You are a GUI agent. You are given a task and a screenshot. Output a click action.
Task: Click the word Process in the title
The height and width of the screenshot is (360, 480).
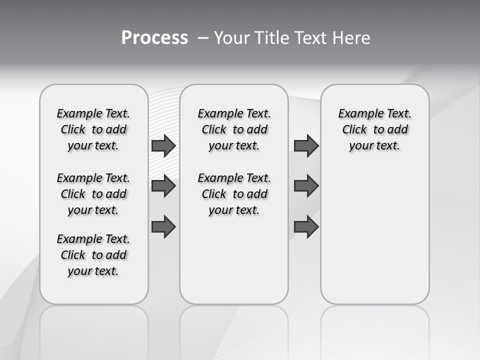154,38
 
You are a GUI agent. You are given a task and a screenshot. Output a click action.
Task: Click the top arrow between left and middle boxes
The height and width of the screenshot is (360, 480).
163,146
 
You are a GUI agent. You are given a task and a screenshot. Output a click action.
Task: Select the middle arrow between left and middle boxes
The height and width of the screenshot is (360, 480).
163,186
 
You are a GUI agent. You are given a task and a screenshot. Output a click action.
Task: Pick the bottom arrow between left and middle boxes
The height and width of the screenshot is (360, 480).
163,226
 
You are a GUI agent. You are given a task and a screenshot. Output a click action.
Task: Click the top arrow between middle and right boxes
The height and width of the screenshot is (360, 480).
306,146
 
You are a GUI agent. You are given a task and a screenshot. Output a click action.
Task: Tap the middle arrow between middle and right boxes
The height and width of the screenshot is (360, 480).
306,186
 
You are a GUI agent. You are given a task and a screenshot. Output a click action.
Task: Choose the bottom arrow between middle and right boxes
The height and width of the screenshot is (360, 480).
306,226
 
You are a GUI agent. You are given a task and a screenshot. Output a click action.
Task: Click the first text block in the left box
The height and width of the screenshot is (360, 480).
93,129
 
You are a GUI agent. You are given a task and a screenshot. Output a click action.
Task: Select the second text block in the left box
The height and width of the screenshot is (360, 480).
93,194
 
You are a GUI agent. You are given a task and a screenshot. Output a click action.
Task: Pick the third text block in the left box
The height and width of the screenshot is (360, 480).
93,255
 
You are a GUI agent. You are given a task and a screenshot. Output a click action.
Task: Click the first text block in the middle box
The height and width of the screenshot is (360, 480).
234,129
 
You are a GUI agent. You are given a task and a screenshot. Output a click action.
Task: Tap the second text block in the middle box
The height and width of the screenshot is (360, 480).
234,194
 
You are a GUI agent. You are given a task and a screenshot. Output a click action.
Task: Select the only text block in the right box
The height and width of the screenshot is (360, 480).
375,129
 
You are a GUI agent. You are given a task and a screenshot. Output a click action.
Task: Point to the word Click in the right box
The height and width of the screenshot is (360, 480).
354,130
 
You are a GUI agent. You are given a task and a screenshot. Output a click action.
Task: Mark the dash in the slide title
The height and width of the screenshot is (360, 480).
203,38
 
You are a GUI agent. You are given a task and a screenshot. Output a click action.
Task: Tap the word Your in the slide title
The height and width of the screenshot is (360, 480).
229,38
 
